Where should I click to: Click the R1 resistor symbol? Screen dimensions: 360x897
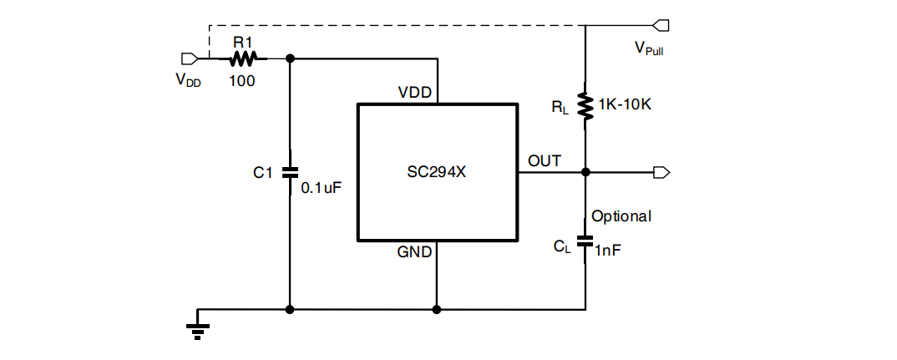pyautogui.click(x=244, y=58)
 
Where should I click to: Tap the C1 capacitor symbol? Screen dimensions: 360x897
pyautogui.click(x=290, y=173)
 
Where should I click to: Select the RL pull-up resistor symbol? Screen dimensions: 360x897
pyautogui.click(x=585, y=105)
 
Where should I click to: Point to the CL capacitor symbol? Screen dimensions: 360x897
pyautogui.click(x=585, y=246)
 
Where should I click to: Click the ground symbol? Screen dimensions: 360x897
pyautogui.click(x=197, y=329)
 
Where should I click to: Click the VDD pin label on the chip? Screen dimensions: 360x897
pyautogui.click(x=415, y=92)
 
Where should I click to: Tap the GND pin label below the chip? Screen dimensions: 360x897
pyautogui.click(x=414, y=252)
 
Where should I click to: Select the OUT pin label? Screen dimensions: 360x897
pyautogui.click(x=545, y=160)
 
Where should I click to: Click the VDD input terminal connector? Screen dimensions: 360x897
pyautogui.click(x=189, y=58)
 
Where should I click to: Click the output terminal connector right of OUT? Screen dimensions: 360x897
pyautogui.click(x=661, y=172)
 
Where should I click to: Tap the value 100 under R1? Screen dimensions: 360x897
pyautogui.click(x=243, y=81)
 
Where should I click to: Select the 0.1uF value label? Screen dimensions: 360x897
pyautogui.click(x=322, y=189)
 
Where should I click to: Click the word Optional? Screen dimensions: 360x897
pyautogui.click(x=621, y=216)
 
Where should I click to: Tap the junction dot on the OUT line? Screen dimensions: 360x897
pyautogui.click(x=585, y=172)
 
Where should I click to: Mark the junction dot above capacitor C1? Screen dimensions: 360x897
pyautogui.click(x=290, y=58)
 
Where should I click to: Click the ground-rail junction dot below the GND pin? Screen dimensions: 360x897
pyautogui.click(x=436, y=309)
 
